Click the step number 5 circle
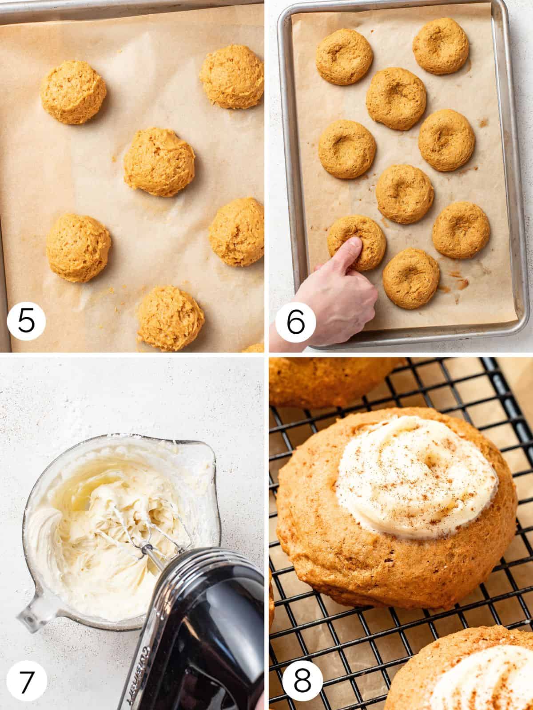point(26,321)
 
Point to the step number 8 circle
point(302,681)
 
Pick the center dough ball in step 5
point(159,162)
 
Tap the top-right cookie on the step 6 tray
point(440,46)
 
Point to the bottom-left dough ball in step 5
point(78,247)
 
